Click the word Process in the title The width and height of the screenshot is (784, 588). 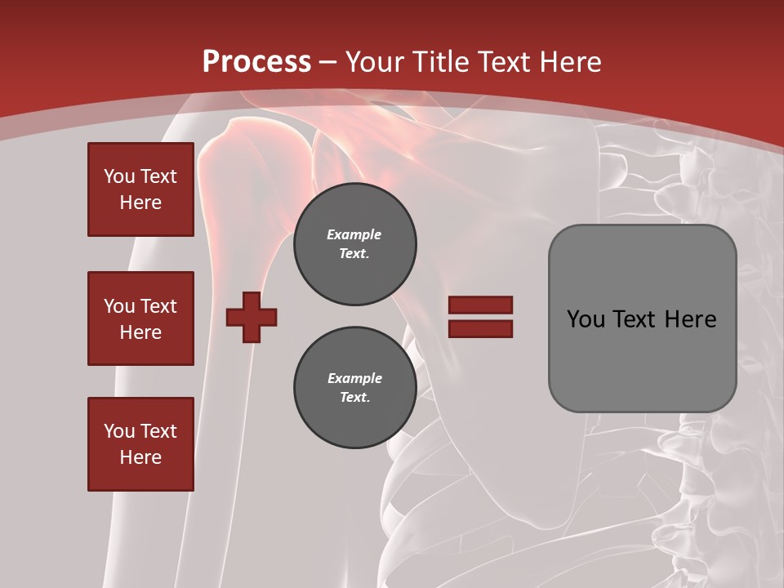tap(256, 62)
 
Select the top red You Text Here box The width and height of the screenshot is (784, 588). tap(140, 189)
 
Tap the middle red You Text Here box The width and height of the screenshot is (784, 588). tap(140, 318)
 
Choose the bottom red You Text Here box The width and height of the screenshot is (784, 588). tap(140, 443)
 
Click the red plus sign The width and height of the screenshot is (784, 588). tap(252, 317)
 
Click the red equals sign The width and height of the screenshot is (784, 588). tap(480, 317)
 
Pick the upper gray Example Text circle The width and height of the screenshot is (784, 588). tap(354, 244)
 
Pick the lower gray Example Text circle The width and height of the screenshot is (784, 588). tap(354, 388)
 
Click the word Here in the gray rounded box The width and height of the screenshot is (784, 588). tap(690, 319)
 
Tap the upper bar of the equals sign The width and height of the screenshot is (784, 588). tap(480, 305)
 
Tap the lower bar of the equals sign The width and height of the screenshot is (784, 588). tap(480, 328)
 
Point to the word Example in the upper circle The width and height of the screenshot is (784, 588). tap(354, 235)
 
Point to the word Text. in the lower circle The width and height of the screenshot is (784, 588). tap(354, 398)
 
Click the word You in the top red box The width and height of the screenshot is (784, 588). tap(118, 176)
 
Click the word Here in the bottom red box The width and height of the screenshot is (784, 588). tap(140, 457)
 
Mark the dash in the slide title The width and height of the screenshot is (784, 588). tap(328, 62)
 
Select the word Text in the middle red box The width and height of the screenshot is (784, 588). tap(158, 306)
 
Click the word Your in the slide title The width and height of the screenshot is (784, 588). tap(373, 62)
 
